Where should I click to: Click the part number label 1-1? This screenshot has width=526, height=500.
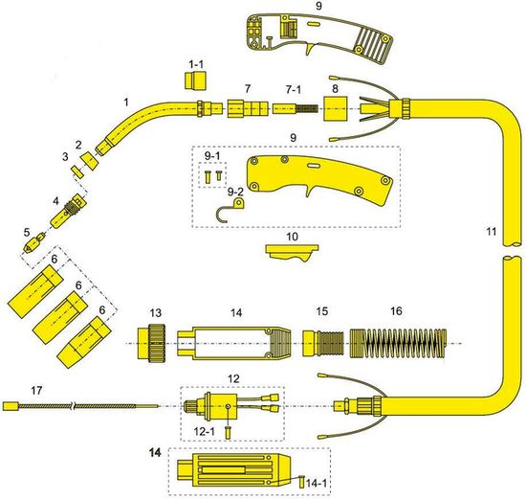(x=196, y=63)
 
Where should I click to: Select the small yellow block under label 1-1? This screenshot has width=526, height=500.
(x=195, y=80)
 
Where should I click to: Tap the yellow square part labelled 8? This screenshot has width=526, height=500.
(x=335, y=109)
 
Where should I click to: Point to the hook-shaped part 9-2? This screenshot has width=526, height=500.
(x=230, y=210)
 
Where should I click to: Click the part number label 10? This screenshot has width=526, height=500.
(x=293, y=237)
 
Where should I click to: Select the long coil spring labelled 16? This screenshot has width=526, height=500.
(x=398, y=343)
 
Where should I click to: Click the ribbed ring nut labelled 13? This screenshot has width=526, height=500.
(x=151, y=343)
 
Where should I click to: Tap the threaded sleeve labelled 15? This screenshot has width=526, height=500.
(x=323, y=343)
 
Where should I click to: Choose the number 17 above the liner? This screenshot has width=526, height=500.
(x=37, y=390)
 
